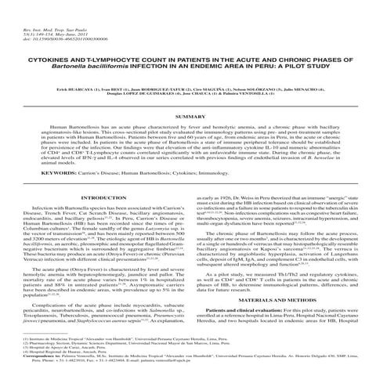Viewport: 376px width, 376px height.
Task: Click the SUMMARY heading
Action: point(188,115)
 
